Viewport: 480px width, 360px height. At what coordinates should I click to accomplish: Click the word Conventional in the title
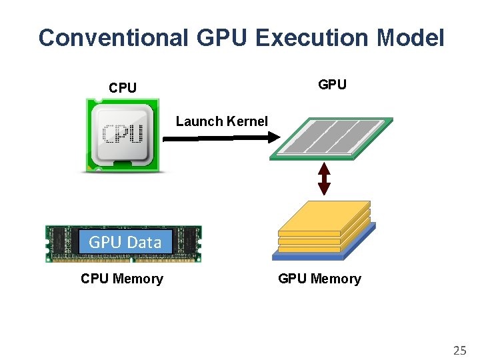(113, 37)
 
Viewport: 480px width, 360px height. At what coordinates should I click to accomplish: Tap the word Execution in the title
(311, 37)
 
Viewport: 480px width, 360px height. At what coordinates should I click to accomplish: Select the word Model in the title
(410, 37)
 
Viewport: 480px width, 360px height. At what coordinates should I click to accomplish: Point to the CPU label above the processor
(123, 88)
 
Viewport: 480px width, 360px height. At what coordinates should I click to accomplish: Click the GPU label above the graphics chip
(332, 85)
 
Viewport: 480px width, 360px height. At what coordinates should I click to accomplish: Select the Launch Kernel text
(221, 121)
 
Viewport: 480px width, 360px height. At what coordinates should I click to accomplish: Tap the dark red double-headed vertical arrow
(324, 178)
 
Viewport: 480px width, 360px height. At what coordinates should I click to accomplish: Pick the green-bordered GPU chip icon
(331, 139)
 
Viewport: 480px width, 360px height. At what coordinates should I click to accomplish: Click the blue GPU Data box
(125, 243)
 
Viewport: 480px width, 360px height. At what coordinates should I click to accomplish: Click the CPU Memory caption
(121, 279)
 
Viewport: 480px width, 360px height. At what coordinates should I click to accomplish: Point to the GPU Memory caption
(319, 279)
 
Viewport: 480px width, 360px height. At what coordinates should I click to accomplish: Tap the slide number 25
(459, 350)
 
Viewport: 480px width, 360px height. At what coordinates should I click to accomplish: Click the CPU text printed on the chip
(123, 134)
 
